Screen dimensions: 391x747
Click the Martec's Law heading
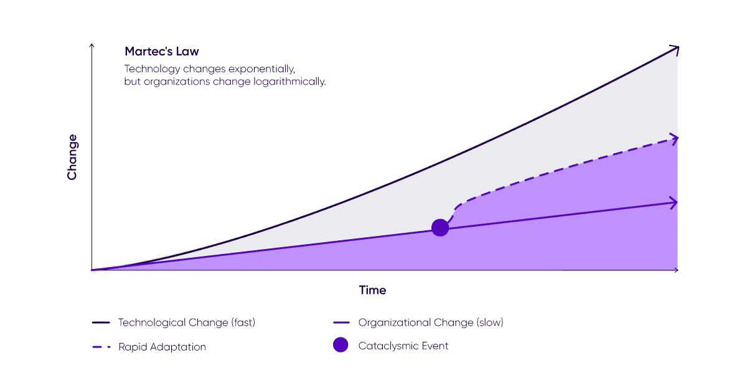pyautogui.click(x=162, y=51)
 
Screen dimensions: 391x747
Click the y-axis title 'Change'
pyautogui.click(x=72, y=157)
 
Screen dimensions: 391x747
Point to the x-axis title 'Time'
pyautogui.click(x=372, y=290)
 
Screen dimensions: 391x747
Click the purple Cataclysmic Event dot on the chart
pyautogui.click(x=440, y=228)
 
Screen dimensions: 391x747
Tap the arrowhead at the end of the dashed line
pyautogui.click(x=674, y=138)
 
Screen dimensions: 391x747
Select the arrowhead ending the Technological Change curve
pyautogui.click(x=674, y=49)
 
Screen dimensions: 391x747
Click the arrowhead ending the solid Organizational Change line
pyautogui.click(x=674, y=202)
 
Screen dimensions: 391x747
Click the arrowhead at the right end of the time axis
pyautogui.click(x=676, y=270)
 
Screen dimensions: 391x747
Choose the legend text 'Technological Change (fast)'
pyautogui.click(x=187, y=323)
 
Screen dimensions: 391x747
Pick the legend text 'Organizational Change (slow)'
pyautogui.click(x=431, y=323)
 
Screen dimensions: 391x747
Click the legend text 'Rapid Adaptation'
pyautogui.click(x=162, y=347)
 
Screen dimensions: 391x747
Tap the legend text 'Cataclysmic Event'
pyautogui.click(x=403, y=346)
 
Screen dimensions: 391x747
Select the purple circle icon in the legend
pyautogui.click(x=341, y=345)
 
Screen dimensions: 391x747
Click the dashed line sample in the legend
pyautogui.click(x=101, y=347)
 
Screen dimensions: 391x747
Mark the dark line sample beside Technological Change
pyautogui.click(x=101, y=323)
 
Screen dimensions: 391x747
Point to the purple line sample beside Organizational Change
pyautogui.click(x=342, y=323)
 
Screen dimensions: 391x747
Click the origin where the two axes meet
pyautogui.click(x=92, y=270)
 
